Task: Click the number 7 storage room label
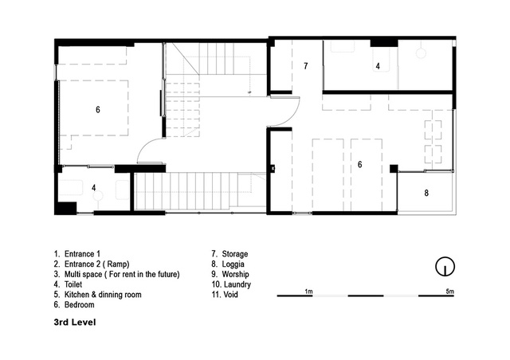tap(305, 66)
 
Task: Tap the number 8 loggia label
tap(426, 194)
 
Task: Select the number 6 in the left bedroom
tap(97, 110)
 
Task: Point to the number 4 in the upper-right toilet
tap(378, 66)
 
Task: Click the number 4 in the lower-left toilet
tap(94, 188)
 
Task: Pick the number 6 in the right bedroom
tap(359, 165)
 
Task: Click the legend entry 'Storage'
tap(235, 254)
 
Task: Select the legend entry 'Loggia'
tap(233, 264)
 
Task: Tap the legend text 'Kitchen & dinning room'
tap(103, 295)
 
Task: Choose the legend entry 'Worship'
tap(235, 274)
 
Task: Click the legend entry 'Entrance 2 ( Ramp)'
tap(97, 264)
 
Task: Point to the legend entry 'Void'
tap(230, 295)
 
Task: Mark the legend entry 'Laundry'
tap(237, 284)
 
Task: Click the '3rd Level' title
tap(75, 323)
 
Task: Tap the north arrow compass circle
tap(445, 267)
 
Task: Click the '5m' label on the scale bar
tap(449, 292)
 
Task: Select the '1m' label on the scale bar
tap(308, 292)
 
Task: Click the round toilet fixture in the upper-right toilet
tap(421, 53)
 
